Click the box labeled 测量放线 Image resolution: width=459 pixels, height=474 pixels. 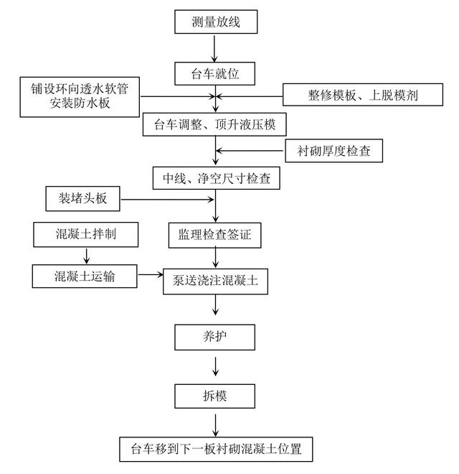pyautogui.click(x=215, y=22)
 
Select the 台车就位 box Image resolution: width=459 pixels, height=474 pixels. pyautogui.click(x=215, y=73)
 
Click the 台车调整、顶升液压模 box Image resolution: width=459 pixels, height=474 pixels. pyautogui.click(x=215, y=125)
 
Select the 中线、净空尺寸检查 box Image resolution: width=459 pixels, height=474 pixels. pyautogui.click(x=215, y=177)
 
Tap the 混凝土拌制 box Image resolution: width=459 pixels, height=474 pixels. pyautogui.click(x=85, y=234)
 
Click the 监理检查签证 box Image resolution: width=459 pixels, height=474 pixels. pyautogui.click(x=215, y=233)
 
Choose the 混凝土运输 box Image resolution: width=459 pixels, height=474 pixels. pyautogui.click(x=85, y=274)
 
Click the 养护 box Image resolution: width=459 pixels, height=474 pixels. pyautogui.click(x=215, y=335)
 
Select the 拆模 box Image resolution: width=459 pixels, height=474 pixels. pyautogui.click(x=215, y=395)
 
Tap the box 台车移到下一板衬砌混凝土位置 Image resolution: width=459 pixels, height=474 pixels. pyautogui.click(x=215, y=450)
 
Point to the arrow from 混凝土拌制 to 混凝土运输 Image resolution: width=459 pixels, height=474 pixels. pyautogui.click(x=85, y=254)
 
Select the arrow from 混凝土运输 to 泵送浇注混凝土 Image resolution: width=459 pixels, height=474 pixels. pyautogui.click(x=150, y=275)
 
